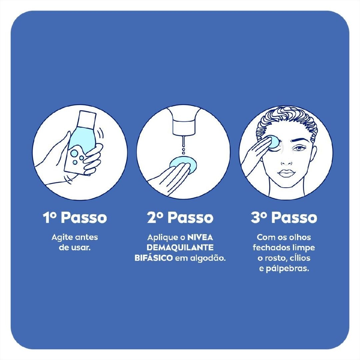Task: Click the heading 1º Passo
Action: (75, 217)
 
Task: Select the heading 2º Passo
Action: (180, 217)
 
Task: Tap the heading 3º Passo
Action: (284, 217)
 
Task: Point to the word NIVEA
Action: (200, 237)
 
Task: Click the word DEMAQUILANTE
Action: (180, 247)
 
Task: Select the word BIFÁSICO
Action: (154, 258)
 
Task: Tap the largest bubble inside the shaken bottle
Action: (74, 153)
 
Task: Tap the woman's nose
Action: (286, 161)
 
